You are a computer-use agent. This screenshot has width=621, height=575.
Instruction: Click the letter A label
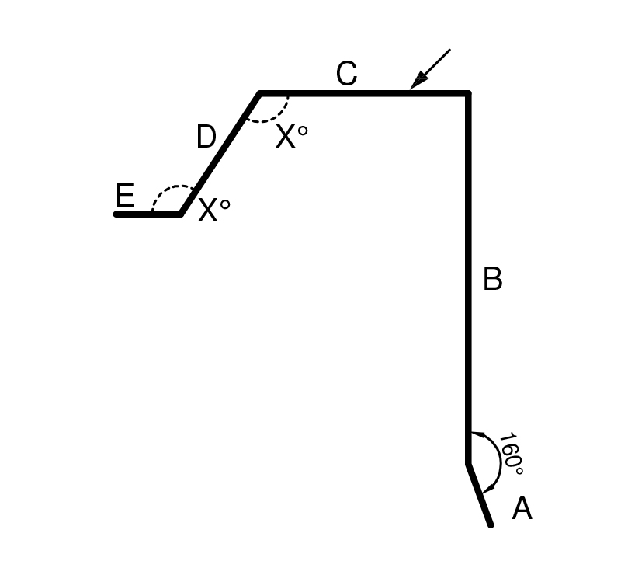point(522,508)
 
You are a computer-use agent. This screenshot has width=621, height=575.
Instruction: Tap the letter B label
point(493,279)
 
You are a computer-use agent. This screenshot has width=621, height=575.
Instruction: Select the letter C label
point(346,73)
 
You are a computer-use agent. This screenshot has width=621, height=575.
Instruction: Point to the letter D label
point(206,137)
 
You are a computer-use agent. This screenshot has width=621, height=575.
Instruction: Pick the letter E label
point(125,196)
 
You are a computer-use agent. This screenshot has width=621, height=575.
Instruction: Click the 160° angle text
point(512,454)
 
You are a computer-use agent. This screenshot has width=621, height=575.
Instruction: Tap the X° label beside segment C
point(292,137)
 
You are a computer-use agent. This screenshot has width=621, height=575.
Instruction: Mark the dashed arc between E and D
point(170,193)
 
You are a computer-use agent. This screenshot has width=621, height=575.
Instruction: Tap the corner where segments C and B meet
point(468,93)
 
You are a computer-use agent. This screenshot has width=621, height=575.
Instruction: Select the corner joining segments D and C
point(259,93)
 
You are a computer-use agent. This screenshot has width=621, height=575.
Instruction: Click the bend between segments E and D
point(181,214)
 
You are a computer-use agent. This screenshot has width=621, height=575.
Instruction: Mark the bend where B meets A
point(468,463)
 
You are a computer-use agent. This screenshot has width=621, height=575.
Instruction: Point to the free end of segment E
point(116,214)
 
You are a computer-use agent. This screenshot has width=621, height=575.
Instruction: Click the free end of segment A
point(491,525)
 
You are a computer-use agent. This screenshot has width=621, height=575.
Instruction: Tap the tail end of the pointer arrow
point(450,50)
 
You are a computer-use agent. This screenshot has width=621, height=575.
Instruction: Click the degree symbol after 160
point(519,471)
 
